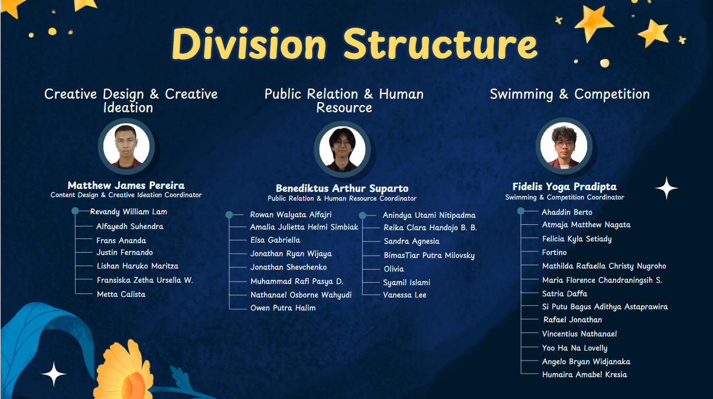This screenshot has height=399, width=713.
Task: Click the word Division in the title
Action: pyautogui.click(x=249, y=44)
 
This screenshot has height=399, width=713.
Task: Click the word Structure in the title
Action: pyautogui.click(x=441, y=44)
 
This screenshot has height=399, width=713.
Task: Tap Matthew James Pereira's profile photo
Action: pyautogui.click(x=126, y=146)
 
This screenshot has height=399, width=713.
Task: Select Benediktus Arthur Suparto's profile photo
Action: pyautogui.click(x=342, y=149)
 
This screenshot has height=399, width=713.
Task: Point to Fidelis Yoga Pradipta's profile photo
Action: pyautogui.click(x=564, y=146)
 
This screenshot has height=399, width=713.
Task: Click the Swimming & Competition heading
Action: pyautogui.click(x=570, y=94)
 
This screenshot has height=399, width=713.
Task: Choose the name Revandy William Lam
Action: pyautogui.click(x=129, y=212)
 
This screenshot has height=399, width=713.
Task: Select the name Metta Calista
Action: pyautogui.click(x=121, y=294)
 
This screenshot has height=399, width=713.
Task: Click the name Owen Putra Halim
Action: pyautogui.click(x=283, y=308)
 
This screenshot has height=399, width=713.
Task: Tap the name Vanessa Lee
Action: pyautogui.click(x=405, y=295)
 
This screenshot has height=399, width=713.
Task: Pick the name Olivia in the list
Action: pyautogui.click(x=394, y=269)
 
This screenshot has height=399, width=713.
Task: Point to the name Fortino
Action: pyautogui.click(x=554, y=253)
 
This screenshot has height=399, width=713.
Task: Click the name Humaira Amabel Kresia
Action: pyautogui.click(x=584, y=375)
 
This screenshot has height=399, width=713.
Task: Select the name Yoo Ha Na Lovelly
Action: pyautogui.click(x=575, y=348)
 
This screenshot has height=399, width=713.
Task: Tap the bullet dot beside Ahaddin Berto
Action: pyautogui.click(x=521, y=211)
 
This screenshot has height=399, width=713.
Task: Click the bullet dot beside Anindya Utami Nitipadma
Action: pyautogui.click(x=362, y=215)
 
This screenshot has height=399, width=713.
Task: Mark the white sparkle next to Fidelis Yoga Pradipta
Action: pyautogui.click(x=666, y=188)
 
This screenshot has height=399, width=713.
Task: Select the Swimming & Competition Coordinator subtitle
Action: pyautogui.click(x=565, y=197)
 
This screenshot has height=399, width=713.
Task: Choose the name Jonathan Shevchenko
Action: pyautogui.click(x=288, y=267)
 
